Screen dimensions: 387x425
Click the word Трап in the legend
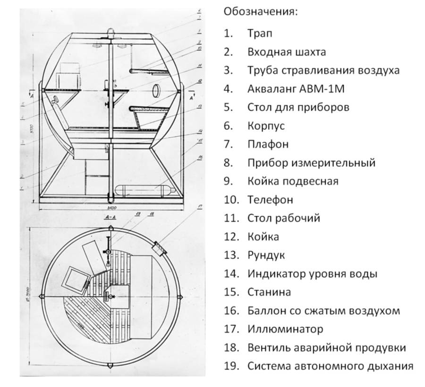coord(259,34)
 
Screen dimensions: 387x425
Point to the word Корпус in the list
coord(266,126)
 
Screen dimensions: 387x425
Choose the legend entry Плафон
coord(267,144)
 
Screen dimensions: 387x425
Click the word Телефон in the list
coord(270,200)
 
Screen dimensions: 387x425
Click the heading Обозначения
coord(261,11)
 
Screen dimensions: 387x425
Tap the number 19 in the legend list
coord(231,366)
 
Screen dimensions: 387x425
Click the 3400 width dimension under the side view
coord(112,208)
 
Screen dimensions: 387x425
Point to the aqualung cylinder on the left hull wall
coord(56,101)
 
